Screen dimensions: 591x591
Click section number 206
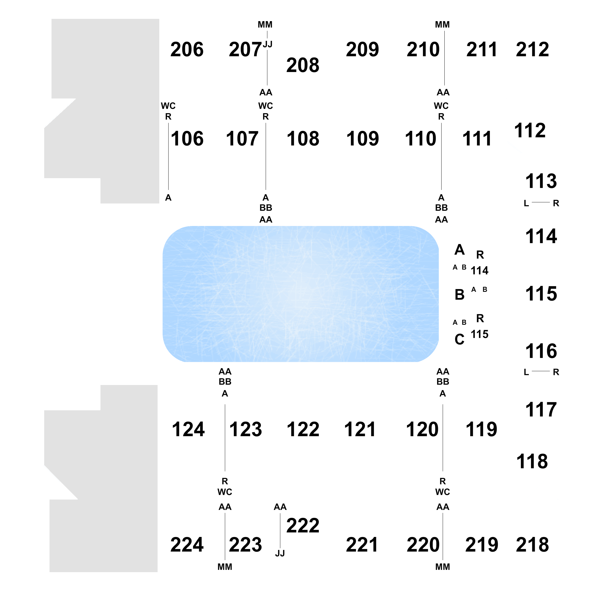click(187, 50)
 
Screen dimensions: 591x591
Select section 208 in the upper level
click(303, 65)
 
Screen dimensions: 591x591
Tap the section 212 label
click(532, 50)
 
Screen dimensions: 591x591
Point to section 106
click(187, 138)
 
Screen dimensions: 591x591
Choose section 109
click(362, 138)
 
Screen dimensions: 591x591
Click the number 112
click(530, 130)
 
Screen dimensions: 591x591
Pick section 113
click(541, 181)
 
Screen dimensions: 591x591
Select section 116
click(541, 351)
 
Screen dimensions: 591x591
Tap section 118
click(532, 461)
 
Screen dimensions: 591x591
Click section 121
click(360, 429)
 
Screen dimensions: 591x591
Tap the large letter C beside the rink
click(460, 339)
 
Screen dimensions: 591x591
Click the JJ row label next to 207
click(268, 44)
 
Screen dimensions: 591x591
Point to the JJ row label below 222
click(280, 553)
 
